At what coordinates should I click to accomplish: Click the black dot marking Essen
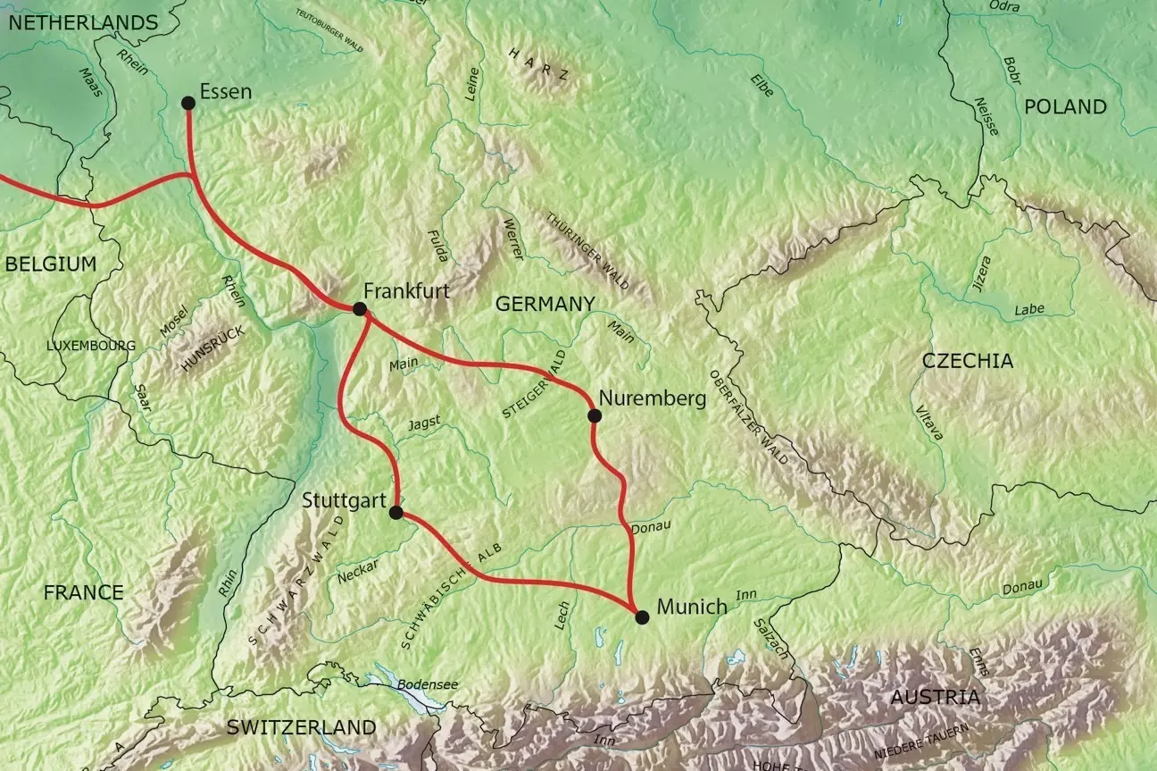[x=188, y=103]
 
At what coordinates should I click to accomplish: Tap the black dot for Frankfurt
[x=360, y=309]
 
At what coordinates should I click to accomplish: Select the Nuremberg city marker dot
[x=594, y=415]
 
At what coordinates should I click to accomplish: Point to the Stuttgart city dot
[x=396, y=512]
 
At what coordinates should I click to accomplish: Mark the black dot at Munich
[x=641, y=616]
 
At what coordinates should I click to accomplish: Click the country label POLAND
[x=1065, y=107]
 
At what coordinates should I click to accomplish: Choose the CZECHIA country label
[x=968, y=361]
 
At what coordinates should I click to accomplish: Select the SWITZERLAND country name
[x=301, y=727]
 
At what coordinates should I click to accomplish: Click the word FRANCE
[x=83, y=592]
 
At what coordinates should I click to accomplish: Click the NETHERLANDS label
[x=82, y=23]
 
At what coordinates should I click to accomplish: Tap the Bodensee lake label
[x=428, y=684]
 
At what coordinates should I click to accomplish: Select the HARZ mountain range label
[x=538, y=64]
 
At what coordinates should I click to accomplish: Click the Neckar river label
[x=359, y=571]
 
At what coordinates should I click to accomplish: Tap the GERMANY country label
[x=545, y=304]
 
